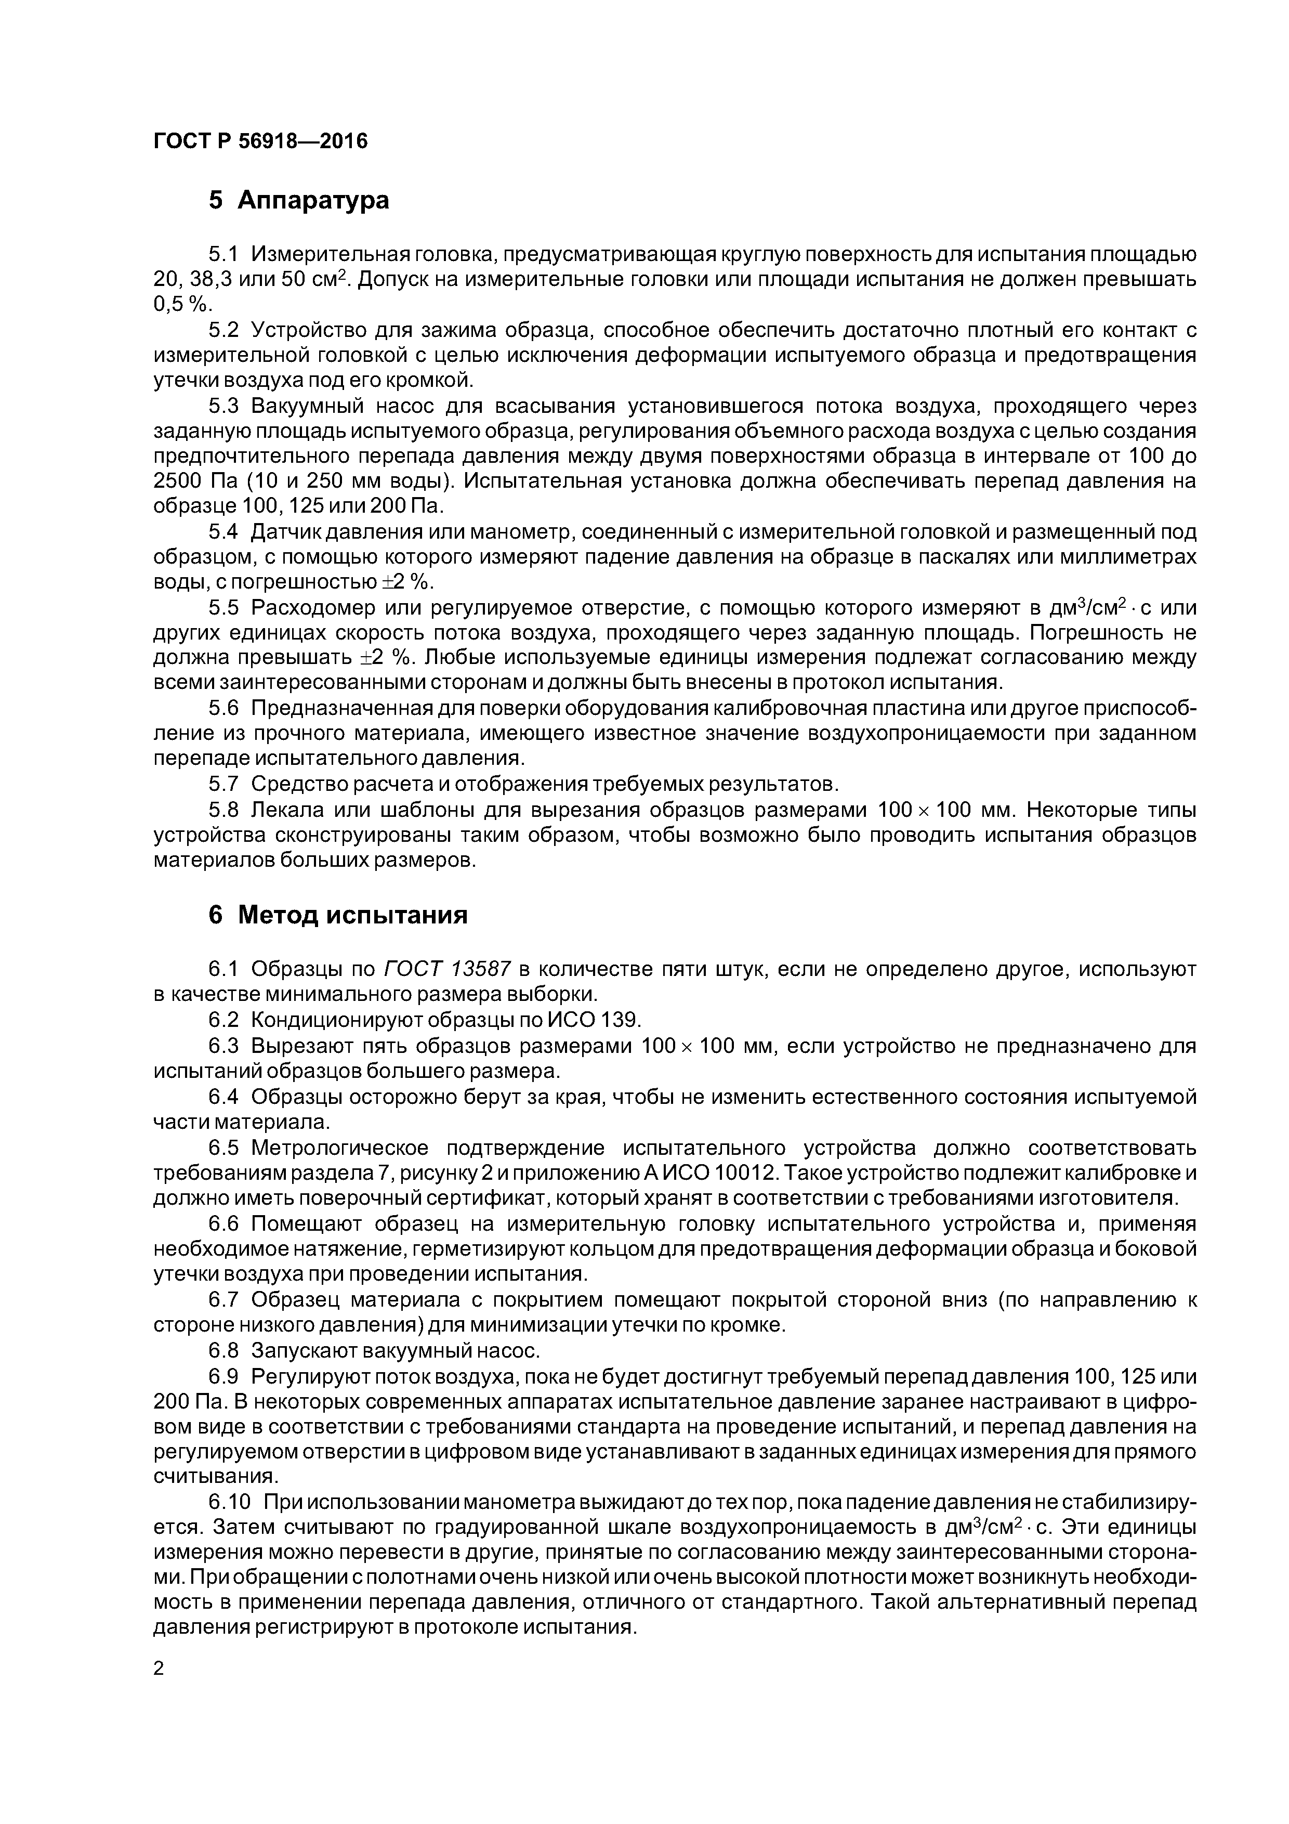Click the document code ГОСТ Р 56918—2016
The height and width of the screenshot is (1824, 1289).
260,141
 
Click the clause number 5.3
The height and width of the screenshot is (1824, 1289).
223,406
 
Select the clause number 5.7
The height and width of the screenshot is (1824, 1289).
223,784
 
